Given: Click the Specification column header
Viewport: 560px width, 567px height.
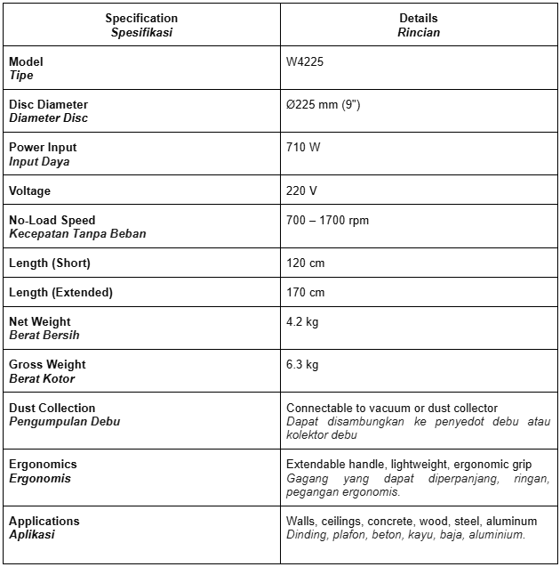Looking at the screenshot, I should click(x=141, y=19).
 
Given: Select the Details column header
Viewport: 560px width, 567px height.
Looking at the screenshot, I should click(x=419, y=19).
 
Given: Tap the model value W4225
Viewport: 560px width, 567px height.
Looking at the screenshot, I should click(x=303, y=62).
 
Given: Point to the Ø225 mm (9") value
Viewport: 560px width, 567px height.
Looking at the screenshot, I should click(x=323, y=105).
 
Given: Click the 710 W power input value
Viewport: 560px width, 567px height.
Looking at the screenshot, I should click(x=303, y=148).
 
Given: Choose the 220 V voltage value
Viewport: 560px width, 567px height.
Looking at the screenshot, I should click(x=302, y=191).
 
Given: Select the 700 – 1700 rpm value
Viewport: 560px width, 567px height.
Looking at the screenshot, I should click(x=327, y=221).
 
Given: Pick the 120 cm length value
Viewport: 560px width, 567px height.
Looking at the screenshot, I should click(x=305, y=263).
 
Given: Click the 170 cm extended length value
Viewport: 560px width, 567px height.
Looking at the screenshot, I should click(x=305, y=293).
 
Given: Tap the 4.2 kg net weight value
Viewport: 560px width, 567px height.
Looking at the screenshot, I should click(x=302, y=322).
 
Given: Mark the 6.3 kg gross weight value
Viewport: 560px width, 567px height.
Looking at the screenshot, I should click(x=302, y=365).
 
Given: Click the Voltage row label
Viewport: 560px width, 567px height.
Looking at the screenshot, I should click(x=30, y=191).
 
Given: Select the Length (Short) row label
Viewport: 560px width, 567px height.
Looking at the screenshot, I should click(x=50, y=263).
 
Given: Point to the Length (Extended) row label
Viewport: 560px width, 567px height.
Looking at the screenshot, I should click(x=60, y=293).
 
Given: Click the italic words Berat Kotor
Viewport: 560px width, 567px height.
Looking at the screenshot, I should click(x=42, y=379).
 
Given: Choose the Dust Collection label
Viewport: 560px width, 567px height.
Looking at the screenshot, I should click(x=52, y=408).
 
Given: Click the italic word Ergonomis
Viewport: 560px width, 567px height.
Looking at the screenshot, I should click(x=40, y=479).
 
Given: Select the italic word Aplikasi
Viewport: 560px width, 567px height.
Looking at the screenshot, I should click(x=32, y=535).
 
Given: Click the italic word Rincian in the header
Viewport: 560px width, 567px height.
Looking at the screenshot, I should click(x=419, y=33).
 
